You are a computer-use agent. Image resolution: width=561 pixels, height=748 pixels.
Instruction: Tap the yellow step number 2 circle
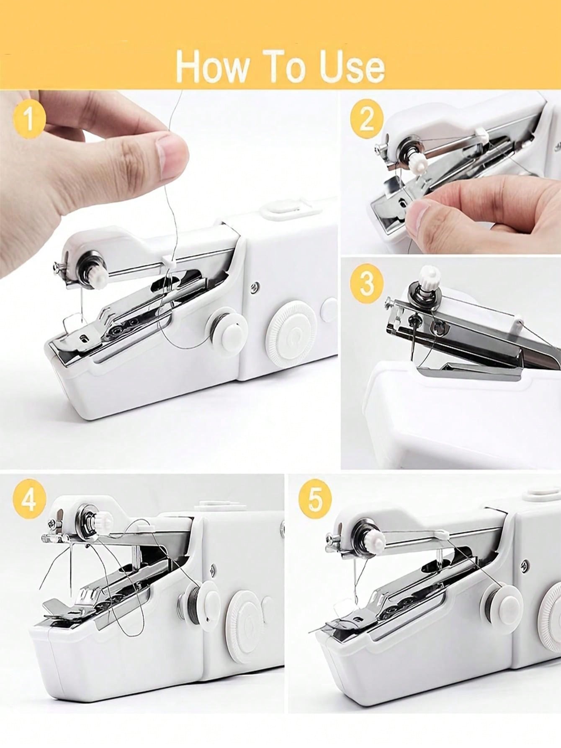click(367, 118)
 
